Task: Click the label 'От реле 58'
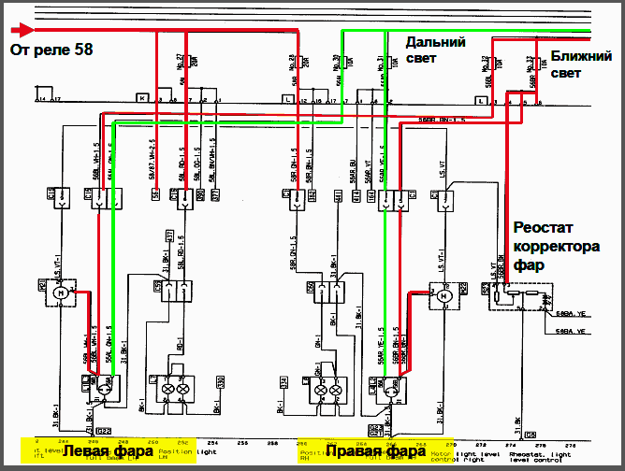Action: pyautogui.click(x=51, y=49)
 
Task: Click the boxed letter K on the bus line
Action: pyautogui.click(x=141, y=97)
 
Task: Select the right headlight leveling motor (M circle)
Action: pyautogui.click(x=445, y=296)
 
